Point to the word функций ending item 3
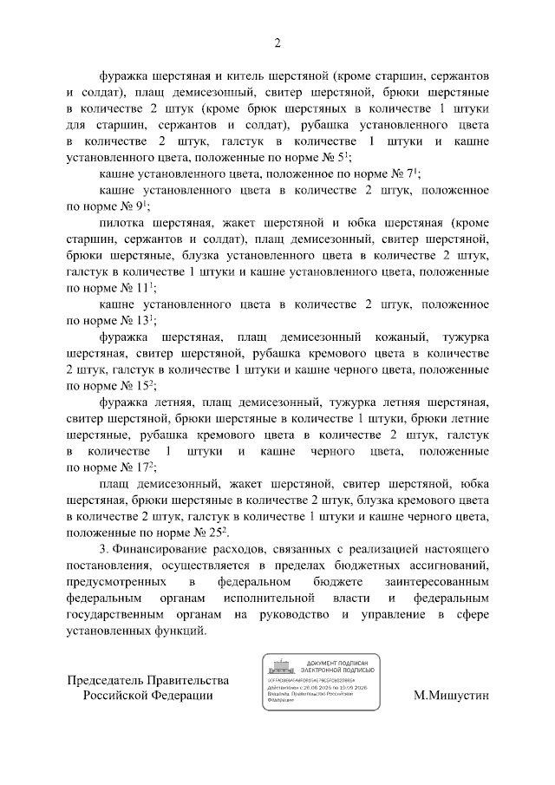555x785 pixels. tap(181, 631)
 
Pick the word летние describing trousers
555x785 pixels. tap(467, 418)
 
